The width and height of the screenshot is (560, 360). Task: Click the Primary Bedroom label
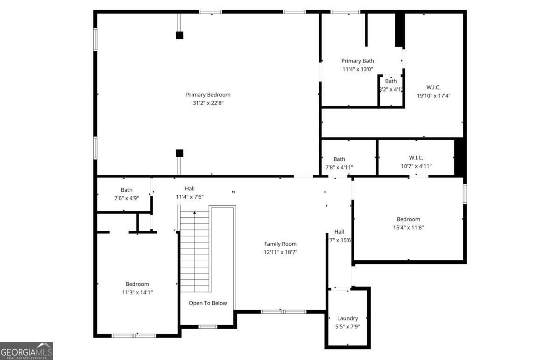[208, 95]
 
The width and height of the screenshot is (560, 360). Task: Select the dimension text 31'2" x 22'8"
[208, 103]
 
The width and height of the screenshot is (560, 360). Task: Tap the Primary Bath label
[357, 61]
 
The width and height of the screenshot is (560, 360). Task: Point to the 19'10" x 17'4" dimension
[434, 96]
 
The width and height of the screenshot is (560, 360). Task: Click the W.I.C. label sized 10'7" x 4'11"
[416, 158]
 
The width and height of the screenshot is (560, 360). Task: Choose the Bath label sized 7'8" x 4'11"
[339, 159]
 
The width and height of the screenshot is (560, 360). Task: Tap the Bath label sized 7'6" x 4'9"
[126, 190]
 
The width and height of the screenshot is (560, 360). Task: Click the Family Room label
[280, 244]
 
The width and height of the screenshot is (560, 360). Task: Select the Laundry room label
[348, 318]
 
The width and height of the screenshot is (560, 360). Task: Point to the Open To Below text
[208, 303]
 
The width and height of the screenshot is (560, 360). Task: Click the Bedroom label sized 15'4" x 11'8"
[408, 219]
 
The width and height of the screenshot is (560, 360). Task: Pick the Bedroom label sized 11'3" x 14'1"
[137, 284]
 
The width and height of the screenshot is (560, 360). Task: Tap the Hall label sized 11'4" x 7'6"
[189, 188]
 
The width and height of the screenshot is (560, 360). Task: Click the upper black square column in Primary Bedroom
[179, 35]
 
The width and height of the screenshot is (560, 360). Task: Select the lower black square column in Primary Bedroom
[179, 153]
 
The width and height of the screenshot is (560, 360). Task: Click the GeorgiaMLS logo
[27, 351]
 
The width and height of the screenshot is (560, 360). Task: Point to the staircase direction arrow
[195, 214]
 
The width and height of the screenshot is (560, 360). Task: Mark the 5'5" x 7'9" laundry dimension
[348, 327]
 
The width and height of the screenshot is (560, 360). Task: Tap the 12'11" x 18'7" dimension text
[280, 252]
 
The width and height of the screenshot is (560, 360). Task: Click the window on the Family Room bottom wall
[283, 312]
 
